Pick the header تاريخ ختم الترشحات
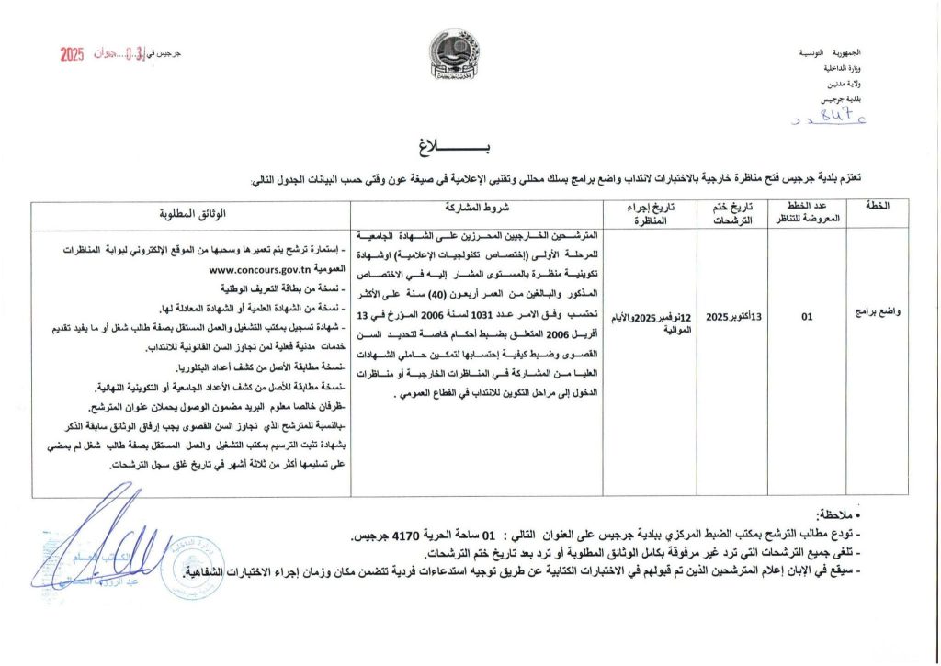click(731, 215)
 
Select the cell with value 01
click(807, 317)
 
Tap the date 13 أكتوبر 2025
click(731, 317)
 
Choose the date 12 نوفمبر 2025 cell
click(654, 322)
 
